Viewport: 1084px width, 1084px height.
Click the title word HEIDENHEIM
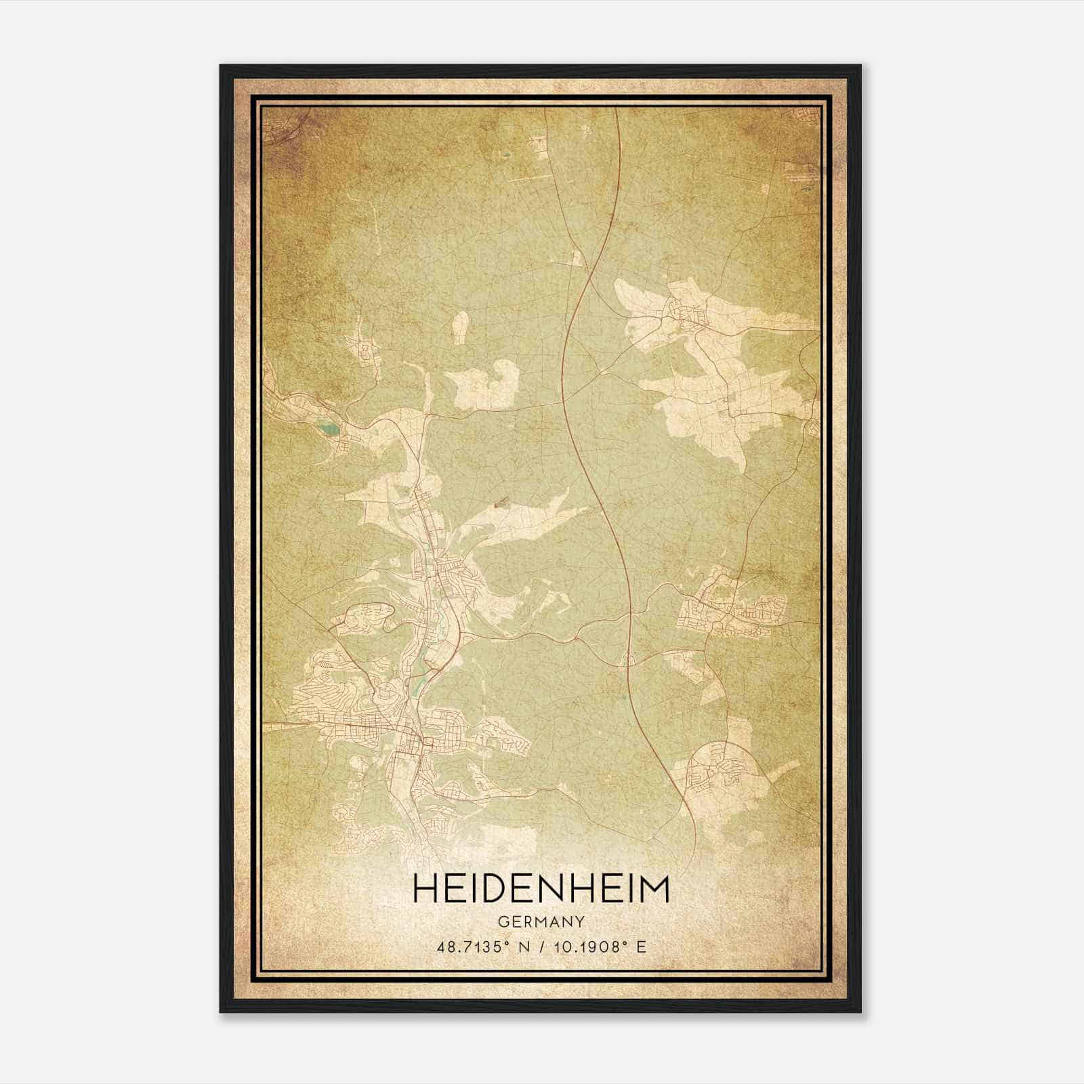[541, 889]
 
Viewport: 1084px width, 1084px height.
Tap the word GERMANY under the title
[541, 922]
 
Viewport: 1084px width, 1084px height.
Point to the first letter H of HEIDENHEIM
[424, 889]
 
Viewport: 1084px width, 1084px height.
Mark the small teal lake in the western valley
[327, 428]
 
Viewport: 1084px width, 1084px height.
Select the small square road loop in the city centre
[425, 745]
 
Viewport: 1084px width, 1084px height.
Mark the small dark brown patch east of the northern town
[501, 503]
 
